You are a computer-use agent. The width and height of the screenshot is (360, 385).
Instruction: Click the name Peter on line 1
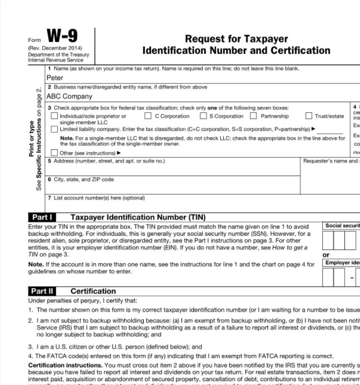[55, 78]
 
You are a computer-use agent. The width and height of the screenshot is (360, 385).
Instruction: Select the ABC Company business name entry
[66, 96]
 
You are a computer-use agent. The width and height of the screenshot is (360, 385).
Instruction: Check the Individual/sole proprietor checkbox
[55, 116]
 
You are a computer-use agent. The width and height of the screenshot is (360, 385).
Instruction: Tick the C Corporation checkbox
[148, 116]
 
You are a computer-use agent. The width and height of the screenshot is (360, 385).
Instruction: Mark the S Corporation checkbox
[203, 116]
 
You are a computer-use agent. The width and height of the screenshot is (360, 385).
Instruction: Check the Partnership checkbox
[254, 116]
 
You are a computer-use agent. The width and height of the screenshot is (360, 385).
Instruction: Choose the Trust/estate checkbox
[309, 116]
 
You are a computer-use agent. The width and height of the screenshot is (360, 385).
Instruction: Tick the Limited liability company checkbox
[55, 129]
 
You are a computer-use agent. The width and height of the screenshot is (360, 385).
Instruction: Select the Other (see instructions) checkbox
[55, 153]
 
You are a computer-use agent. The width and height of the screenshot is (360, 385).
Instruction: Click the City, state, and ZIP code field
[172, 187]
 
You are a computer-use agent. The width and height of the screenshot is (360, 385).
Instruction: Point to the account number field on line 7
[191, 203]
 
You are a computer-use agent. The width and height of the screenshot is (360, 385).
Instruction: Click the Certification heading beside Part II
[93, 291]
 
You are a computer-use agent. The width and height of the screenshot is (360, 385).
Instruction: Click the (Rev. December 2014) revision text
[55, 48]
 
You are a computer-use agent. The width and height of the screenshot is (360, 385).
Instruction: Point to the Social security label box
[342, 226]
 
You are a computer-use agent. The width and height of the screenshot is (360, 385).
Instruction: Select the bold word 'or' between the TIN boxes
[326, 255]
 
